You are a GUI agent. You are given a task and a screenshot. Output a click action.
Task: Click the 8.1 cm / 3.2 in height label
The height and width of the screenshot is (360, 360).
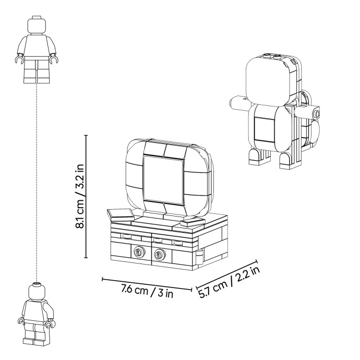tap(80, 196)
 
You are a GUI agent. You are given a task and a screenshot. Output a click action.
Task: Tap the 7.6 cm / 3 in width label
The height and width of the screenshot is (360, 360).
tap(147, 291)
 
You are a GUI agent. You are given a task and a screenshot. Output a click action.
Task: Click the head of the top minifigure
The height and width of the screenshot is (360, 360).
tap(37, 25)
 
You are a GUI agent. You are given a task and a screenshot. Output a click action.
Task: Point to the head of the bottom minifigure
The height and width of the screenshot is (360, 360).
tap(37, 291)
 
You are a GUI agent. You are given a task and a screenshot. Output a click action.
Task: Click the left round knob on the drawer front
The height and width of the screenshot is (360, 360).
tap(139, 253)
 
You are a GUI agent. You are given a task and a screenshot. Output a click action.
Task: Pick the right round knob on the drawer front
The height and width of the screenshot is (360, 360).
tap(160, 254)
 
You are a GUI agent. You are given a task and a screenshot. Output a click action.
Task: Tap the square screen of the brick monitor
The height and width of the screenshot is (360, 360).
tap(163, 179)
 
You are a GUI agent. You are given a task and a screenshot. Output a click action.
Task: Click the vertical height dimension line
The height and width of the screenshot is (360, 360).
tap(86, 197)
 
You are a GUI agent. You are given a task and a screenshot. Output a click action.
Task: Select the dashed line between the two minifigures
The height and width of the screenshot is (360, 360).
tap(37, 183)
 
